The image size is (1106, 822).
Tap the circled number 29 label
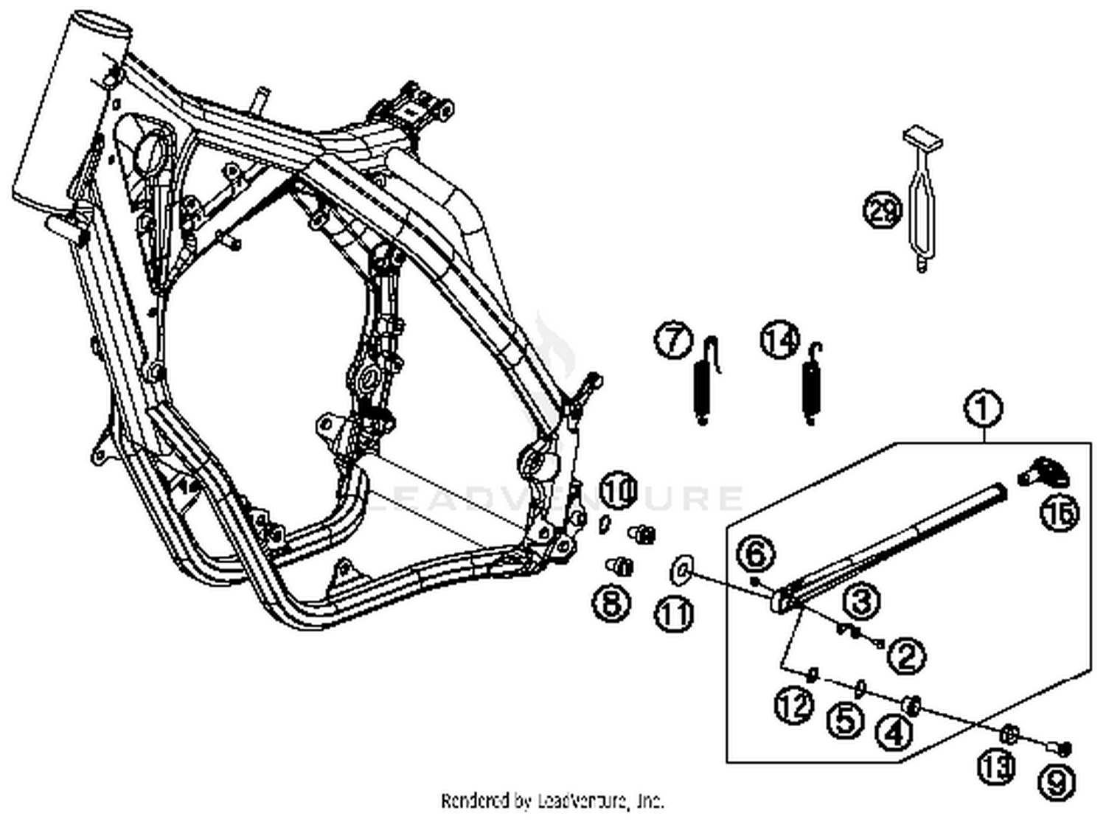point(881,211)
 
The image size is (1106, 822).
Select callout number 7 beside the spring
point(673,341)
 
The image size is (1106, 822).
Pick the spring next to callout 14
point(811,383)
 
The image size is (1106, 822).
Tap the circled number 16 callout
point(1059,511)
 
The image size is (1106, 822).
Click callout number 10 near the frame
point(618,490)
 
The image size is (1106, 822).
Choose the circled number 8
point(611,602)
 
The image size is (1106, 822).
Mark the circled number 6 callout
point(757,554)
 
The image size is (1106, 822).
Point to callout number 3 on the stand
point(860,601)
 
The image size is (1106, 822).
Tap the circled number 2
point(906,654)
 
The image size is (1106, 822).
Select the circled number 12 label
point(793,706)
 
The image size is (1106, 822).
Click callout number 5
point(844,719)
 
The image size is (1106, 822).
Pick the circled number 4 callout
point(893,732)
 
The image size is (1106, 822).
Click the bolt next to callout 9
point(1061,749)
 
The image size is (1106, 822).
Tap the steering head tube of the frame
point(71,111)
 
